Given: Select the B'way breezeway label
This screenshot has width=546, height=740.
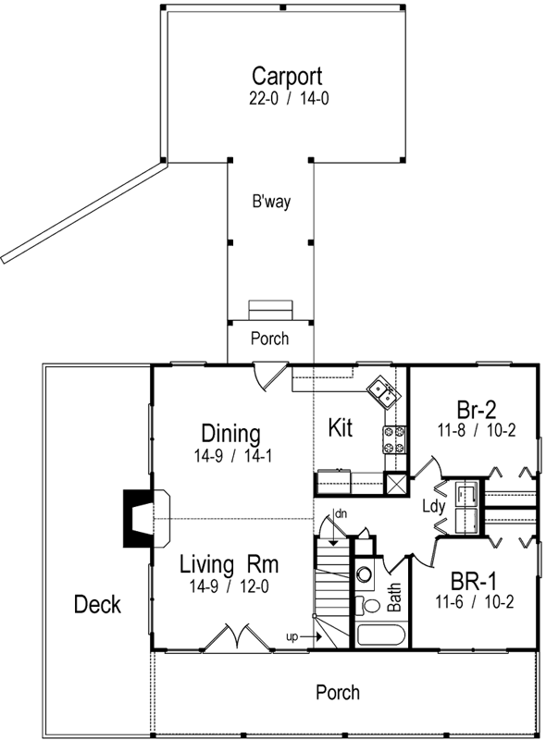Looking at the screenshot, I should click(x=271, y=202).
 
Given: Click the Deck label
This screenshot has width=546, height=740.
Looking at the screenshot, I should click(x=96, y=605).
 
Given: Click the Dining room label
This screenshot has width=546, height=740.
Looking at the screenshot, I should click(x=230, y=433).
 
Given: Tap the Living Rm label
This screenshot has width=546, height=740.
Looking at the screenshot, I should click(x=230, y=563).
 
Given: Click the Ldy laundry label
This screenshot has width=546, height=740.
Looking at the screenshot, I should click(x=433, y=507).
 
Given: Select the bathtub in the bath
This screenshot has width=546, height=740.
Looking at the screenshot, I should click(x=380, y=636).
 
